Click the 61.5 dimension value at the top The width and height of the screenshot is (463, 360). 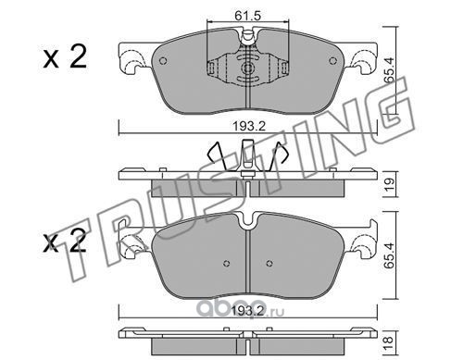tap(247, 15)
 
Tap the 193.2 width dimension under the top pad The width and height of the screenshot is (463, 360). tap(249, 126)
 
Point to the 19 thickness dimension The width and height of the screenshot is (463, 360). tap(390, 184)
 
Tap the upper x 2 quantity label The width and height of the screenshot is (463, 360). tap(66, 57)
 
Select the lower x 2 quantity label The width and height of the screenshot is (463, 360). tap(65, 242)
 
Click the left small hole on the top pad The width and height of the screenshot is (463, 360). tap(163, 61)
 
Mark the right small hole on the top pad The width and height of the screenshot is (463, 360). tap(332, 61)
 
